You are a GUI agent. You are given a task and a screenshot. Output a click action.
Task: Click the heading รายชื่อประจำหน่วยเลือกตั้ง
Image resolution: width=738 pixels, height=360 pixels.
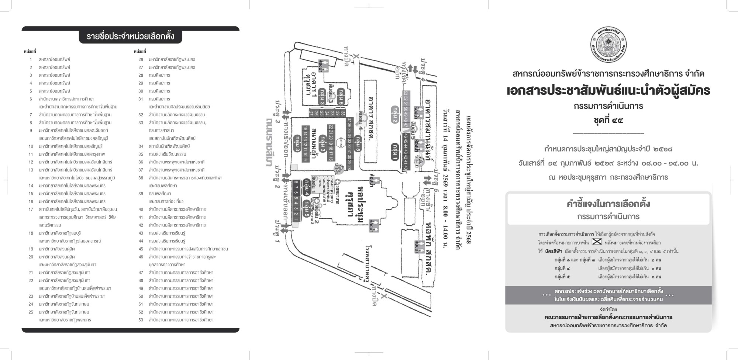pyautogui.click(x=130, y=37)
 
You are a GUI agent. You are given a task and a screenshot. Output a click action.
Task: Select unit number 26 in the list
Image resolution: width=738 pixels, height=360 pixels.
pyautogui.click(x=141, y=59)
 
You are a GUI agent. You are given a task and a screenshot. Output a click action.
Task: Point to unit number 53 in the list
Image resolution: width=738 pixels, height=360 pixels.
pyautogui.click(x=141, y=320)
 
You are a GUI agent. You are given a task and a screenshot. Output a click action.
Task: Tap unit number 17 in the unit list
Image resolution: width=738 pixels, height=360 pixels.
pyautogui.click(x=31, y=209)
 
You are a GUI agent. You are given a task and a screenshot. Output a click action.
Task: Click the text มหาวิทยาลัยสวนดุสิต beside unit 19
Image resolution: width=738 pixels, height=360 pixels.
pyautogui.click(x=57, y=249)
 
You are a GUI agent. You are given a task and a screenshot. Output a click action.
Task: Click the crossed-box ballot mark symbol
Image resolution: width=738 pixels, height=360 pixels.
pyautogui.click(x=597, y=242)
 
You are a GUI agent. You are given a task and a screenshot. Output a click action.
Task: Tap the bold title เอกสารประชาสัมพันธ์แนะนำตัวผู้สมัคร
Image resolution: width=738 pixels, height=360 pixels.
pyautogui.click(x=608, y=90)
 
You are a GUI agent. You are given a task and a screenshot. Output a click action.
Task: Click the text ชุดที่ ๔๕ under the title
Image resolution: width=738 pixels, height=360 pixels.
pyautogui.click(x=608, y=120)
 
